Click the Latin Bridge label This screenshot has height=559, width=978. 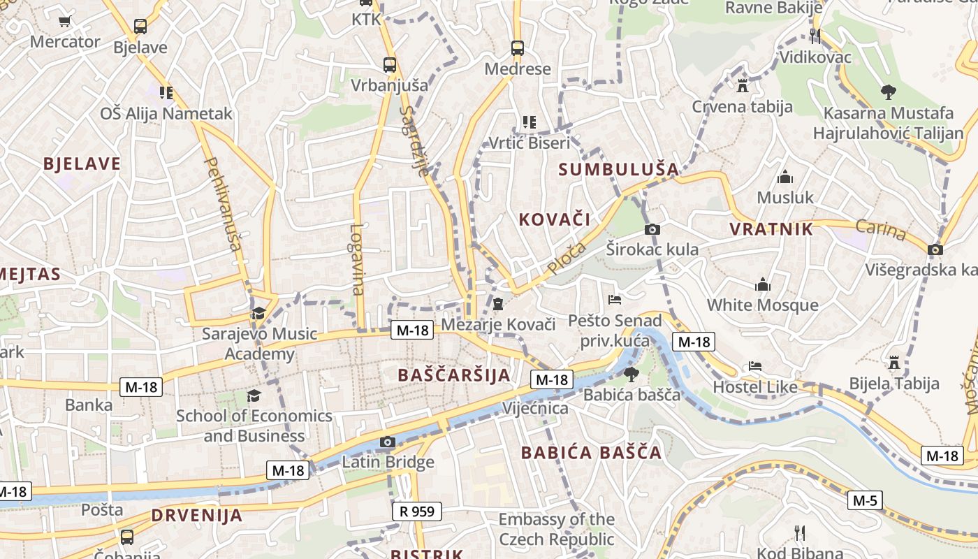[x=388, y=462]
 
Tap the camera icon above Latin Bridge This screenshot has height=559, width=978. [x=387, y=442]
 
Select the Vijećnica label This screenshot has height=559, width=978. [x=535, y=408]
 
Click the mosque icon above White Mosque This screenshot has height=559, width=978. [x=762, y=284]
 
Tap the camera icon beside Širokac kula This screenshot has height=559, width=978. [x=652, y=229]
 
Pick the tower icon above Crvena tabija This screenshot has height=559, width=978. [x=742, y=86]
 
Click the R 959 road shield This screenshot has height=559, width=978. [x=417, y=511]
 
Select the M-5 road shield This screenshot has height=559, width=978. [x=865, y=500]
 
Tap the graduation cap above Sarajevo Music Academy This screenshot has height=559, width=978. [x=258, y=313]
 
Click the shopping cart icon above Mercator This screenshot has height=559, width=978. [x=65, y=22]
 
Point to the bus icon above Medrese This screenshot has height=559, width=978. [x=517, y=48]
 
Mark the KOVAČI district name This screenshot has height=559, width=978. [x=555, y=219]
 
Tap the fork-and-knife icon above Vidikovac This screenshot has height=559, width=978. [x=815, y=36]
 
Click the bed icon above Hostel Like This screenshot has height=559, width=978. [x=755, y=366]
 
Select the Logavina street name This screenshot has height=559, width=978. [x=358, y=259]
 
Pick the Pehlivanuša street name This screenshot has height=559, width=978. [x=223, y=203]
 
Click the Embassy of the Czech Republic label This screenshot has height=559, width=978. [x=556, y=529]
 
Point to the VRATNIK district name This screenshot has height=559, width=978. [x=771, y=229]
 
